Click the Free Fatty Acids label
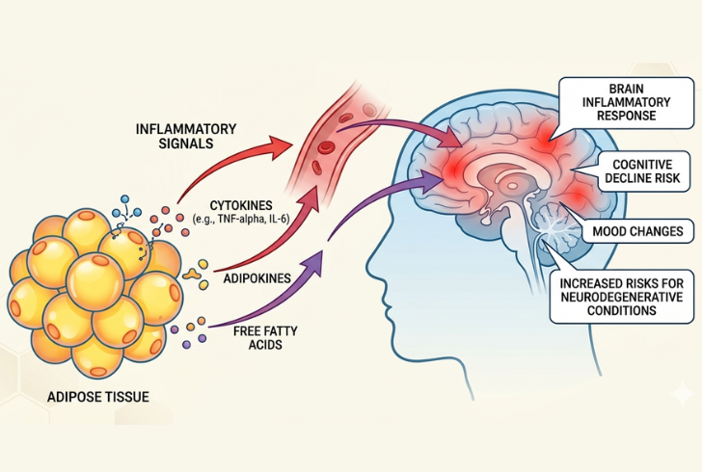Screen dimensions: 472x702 pyautogui.click(x=256, y=335)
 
